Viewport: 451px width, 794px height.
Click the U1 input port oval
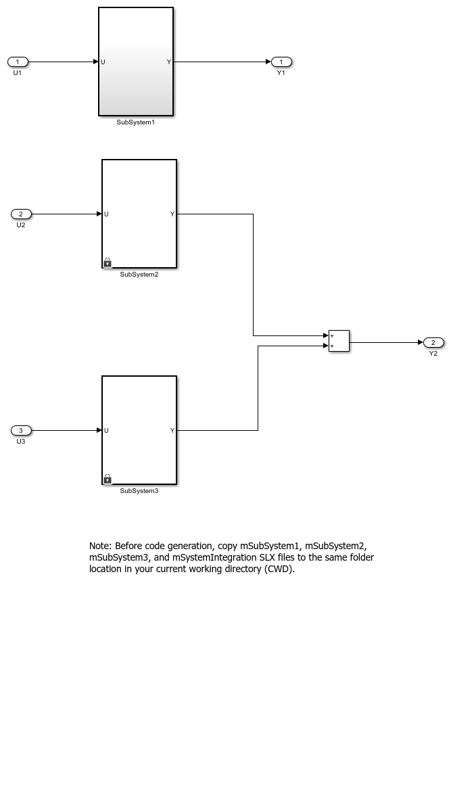coord(18,62)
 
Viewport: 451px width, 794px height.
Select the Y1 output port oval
coord(281,62)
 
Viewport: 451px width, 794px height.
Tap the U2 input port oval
coord(21,214)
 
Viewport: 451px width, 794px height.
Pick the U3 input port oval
coord(21,430)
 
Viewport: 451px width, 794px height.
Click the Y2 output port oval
coord(433,343)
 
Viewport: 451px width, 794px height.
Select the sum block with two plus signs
coord(339,341)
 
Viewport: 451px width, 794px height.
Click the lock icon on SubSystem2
coord(108,262)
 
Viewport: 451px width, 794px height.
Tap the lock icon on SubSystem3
coord(108,479)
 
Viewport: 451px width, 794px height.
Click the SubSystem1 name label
coord(136,122)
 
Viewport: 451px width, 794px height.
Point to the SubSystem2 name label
coord(139,275)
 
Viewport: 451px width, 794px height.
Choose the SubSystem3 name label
coord(139,491)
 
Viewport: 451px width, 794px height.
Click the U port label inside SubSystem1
coord(103,62)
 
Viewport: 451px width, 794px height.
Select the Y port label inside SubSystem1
coord(169,62)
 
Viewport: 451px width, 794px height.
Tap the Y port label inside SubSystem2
coord(172,214)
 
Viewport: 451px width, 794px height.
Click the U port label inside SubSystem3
coord(106,430)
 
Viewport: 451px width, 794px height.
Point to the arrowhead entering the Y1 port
coord(268,62)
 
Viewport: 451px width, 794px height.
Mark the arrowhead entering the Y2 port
coord(420,343)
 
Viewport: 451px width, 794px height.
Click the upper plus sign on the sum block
coord(332,335)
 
